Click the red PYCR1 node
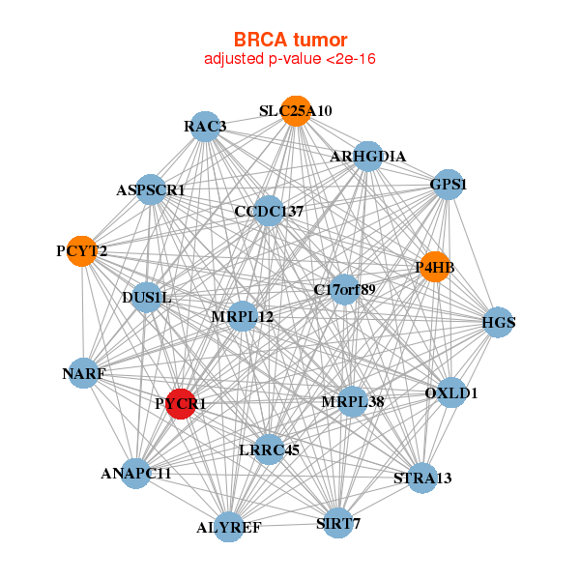[181, 404]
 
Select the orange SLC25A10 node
[296, 111]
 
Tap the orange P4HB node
[435, 267]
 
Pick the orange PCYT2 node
[82, 251]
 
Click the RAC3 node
[205, 127]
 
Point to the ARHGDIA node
[367, 157]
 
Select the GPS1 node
[448, 185]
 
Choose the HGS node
[498, 322]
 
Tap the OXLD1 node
[451, 392]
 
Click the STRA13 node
[422, 478]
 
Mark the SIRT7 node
[338, 523]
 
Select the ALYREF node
[229, 527]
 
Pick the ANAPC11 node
[136, 474]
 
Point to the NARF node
[84, 373]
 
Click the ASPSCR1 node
[151, 189]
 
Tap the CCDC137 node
[269, 211]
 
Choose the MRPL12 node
[243, 316]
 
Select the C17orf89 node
[345, 290]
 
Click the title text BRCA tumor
[290, 40]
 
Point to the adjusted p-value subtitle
[290, 59]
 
